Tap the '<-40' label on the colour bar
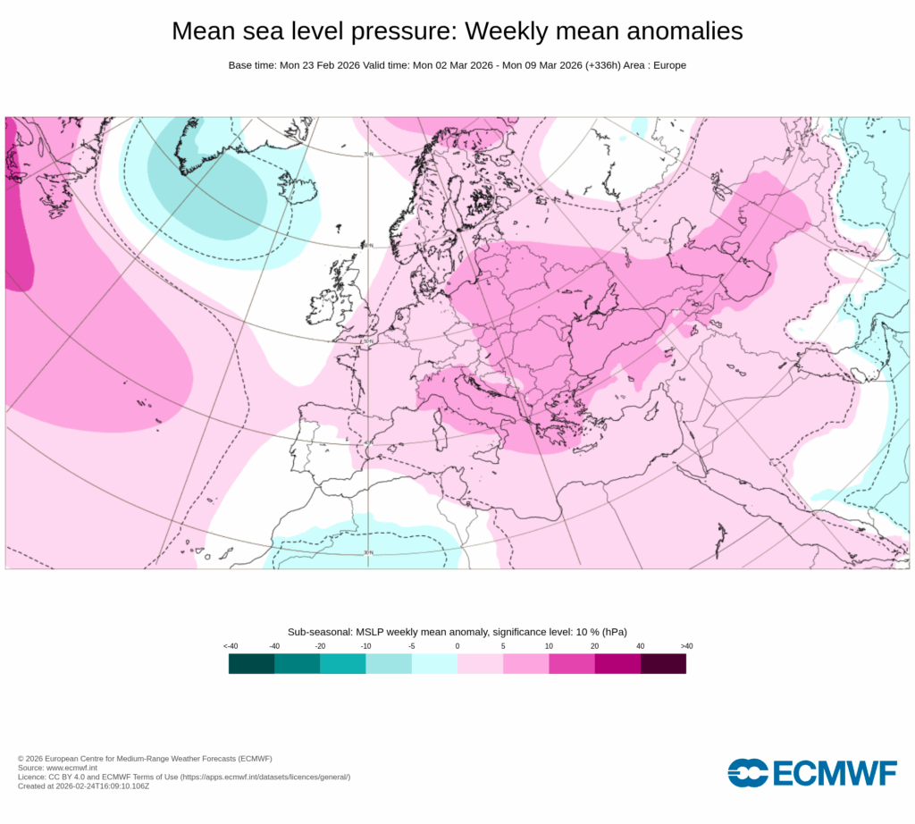pos(231,645)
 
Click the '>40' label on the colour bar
pos(685,645)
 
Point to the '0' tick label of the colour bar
pos(457,645)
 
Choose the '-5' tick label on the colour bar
pos(411,645)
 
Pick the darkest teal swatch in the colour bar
pos(251,663)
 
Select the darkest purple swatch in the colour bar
pos(663,663)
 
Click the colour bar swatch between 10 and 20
pos(571,663)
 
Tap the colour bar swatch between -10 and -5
pos(389,663)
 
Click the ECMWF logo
pos(811,772)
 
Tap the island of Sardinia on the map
pos(439,441)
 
